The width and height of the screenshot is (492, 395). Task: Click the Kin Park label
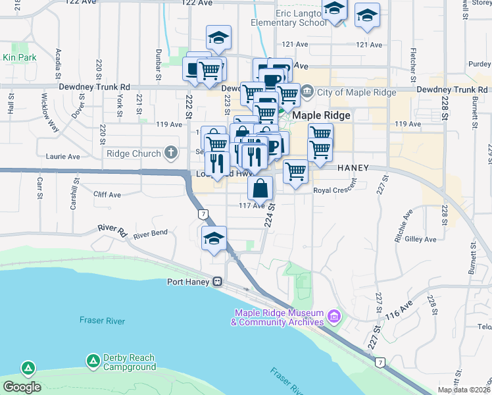coord(19,58)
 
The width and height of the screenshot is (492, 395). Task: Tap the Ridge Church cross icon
coord(171,153)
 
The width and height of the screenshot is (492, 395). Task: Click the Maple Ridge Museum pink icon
coord(333,318)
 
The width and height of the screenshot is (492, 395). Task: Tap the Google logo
coord(22,387)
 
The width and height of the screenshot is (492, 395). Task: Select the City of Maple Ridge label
coord(357,92)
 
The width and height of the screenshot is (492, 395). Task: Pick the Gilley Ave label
coord(422,239)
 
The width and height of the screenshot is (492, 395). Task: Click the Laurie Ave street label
coord(63,157)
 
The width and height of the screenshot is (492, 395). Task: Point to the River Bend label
coord(150,233)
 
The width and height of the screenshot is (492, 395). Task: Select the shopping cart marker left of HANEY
coord(296,172)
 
